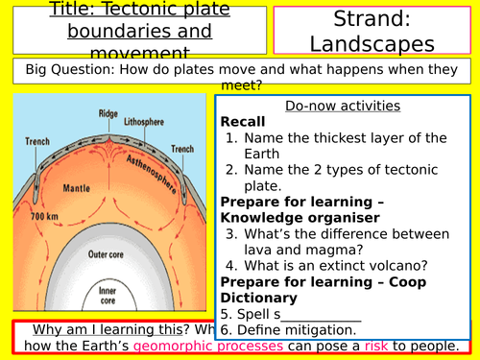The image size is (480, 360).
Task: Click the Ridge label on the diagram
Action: tap(108, 112)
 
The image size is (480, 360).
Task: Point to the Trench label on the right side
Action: tap(181, 149)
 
